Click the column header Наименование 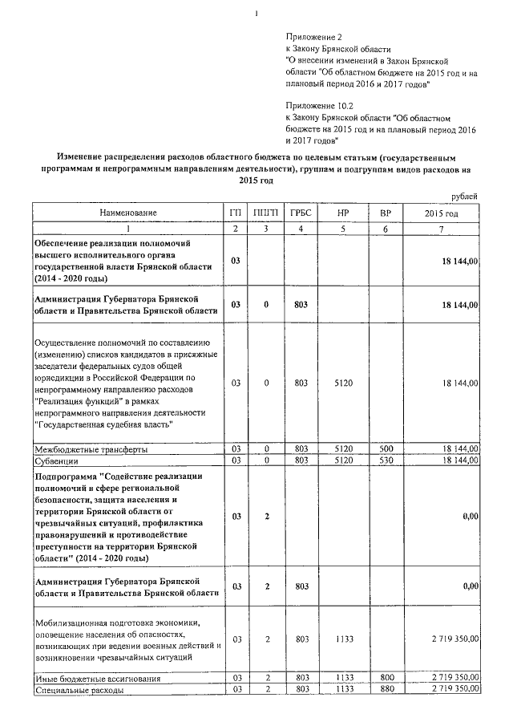(128, 213)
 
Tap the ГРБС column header (301, 213)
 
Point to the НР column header (343, 213)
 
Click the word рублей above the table (464, 197)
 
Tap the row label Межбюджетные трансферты (91, 449)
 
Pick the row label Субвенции (56, 460)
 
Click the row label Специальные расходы (79, 689)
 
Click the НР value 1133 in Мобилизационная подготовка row (343, 639)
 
